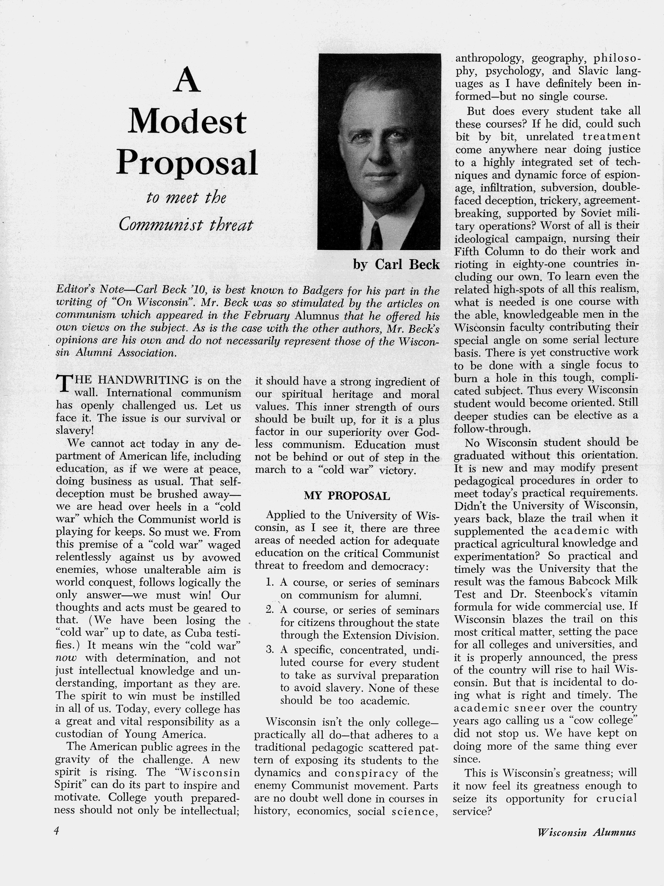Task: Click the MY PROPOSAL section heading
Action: click(347, 496)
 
